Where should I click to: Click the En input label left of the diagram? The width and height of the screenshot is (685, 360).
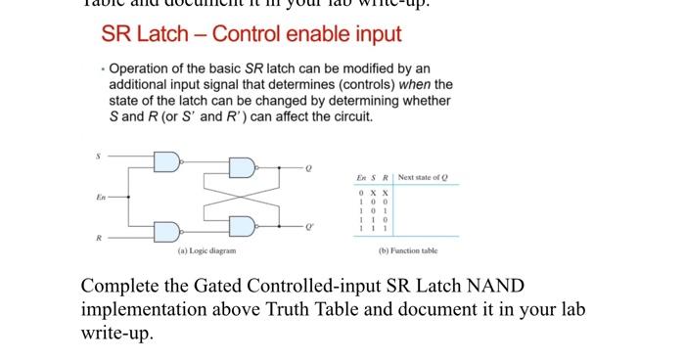pyautogui.click(x=100, y=196)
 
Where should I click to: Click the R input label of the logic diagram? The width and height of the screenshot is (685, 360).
pyautogui.click(x=97, y=239)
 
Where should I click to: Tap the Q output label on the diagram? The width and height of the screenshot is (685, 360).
pyautogui.click(x=308, y=168)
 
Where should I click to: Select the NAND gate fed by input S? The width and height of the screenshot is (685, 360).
pyautogui.click(x=167, y=161)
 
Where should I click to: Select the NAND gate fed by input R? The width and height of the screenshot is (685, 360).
pyautogui.click(x=167, y=231)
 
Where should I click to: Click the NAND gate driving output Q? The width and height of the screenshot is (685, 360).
pyautogui.click(x=242, y=167)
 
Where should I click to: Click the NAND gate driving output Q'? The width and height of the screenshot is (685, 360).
pyautogui.click(x=242, y=225)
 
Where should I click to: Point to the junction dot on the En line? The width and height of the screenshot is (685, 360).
pyautogui.click(x=130, y=196)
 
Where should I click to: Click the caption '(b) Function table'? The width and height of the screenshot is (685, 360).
pyautogui.click(x=408, y=251)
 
